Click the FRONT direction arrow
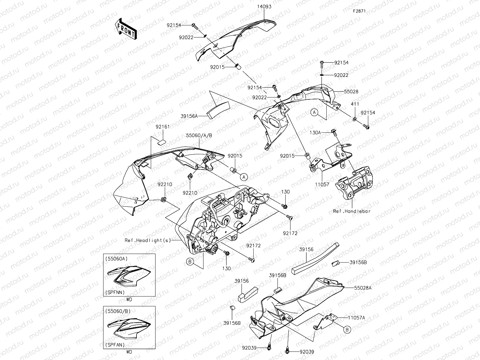126,29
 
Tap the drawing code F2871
359,11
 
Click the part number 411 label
355,104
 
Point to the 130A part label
315,133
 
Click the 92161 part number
163,127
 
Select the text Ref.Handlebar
351,211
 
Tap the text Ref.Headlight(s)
148,240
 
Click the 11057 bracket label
322,184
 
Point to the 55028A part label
363,288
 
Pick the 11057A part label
357,317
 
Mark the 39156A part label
189,116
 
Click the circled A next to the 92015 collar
243,177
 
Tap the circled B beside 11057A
347,330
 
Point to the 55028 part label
351,91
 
